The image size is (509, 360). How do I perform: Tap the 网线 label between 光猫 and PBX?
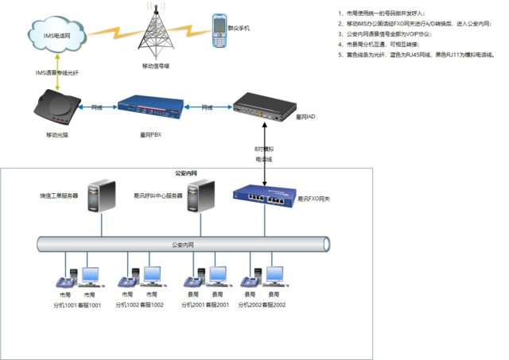coord(96,106)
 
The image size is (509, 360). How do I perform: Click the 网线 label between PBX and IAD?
coord(207,106)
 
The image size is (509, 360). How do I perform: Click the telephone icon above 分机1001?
coord(63,279)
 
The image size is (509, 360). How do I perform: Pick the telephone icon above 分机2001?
coord(192,279)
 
